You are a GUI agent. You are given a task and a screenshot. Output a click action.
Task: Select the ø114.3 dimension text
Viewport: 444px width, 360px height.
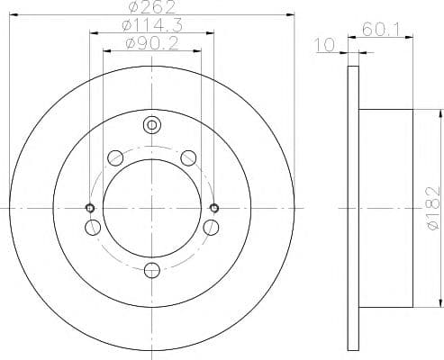point(150,25)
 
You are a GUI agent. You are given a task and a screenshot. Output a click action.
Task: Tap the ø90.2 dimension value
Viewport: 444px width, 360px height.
point(150,42)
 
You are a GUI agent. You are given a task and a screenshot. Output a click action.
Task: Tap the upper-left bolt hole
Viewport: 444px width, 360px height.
point(114,158)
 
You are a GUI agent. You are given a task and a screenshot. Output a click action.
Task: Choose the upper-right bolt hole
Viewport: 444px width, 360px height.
point(187,158)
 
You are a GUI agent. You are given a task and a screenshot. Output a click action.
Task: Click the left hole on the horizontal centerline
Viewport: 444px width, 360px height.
point(89,209)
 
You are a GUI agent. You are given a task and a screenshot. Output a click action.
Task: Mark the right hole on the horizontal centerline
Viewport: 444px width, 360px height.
point(213,209)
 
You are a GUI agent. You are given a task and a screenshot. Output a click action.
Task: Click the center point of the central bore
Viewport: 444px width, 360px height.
point(151,209)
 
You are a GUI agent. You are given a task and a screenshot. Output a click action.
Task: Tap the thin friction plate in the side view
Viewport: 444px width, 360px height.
point(352,208)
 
